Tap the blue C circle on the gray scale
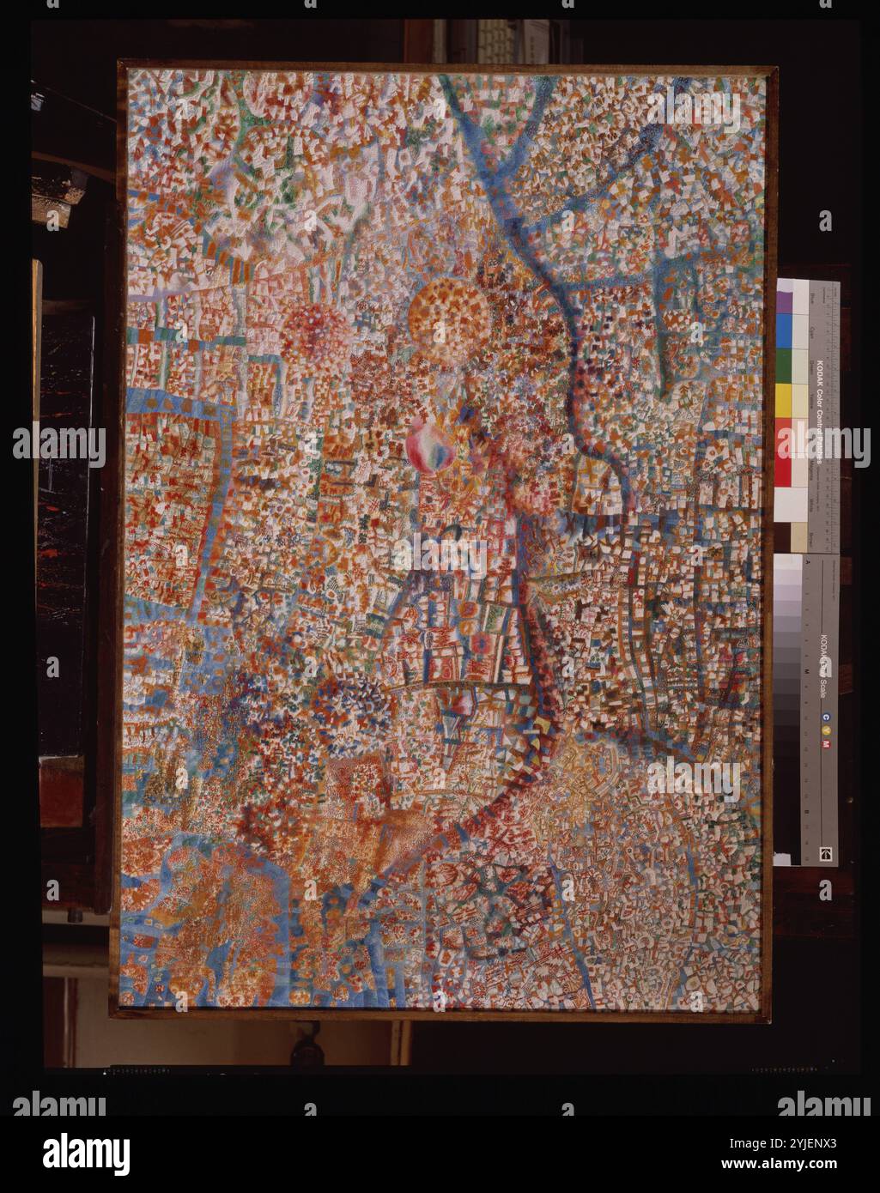tap(826, 717)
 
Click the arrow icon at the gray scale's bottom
tap(827, 853)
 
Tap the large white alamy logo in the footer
tap(86, 1154)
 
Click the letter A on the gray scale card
tap(807, 560)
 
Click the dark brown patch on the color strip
tap(791, 538)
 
